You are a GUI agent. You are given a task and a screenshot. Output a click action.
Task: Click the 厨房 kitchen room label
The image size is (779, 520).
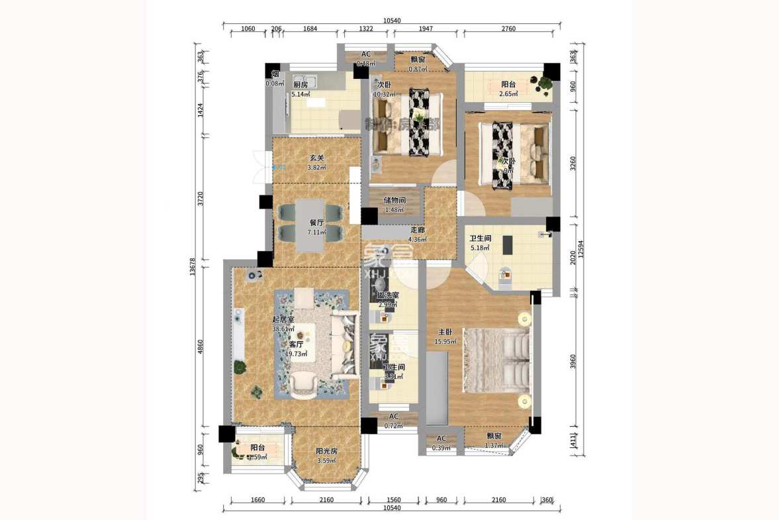300,85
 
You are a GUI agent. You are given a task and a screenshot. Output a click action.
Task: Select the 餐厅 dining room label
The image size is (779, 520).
316,223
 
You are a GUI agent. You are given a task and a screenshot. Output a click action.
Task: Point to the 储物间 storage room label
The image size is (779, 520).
394,200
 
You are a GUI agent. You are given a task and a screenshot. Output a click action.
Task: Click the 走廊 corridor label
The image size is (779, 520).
417,230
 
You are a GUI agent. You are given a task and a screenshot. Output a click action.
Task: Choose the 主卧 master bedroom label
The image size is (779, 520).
444,332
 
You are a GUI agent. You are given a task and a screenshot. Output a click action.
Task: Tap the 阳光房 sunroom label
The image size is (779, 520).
327,451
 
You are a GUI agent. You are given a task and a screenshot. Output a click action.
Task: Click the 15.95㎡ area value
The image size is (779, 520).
444,342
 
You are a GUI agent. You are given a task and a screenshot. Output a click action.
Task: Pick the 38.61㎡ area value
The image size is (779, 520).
283,329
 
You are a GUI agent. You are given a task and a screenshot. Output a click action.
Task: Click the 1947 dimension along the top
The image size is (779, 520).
426,28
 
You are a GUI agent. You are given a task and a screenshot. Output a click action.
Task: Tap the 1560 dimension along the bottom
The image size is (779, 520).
393,500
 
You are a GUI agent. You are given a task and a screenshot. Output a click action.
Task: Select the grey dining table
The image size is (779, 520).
310,225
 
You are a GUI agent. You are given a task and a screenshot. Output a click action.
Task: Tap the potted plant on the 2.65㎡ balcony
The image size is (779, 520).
544,83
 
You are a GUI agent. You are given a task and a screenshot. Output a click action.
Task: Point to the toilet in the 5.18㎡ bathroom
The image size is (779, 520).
505,275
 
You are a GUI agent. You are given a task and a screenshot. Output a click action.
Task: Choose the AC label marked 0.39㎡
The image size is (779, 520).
441,443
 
